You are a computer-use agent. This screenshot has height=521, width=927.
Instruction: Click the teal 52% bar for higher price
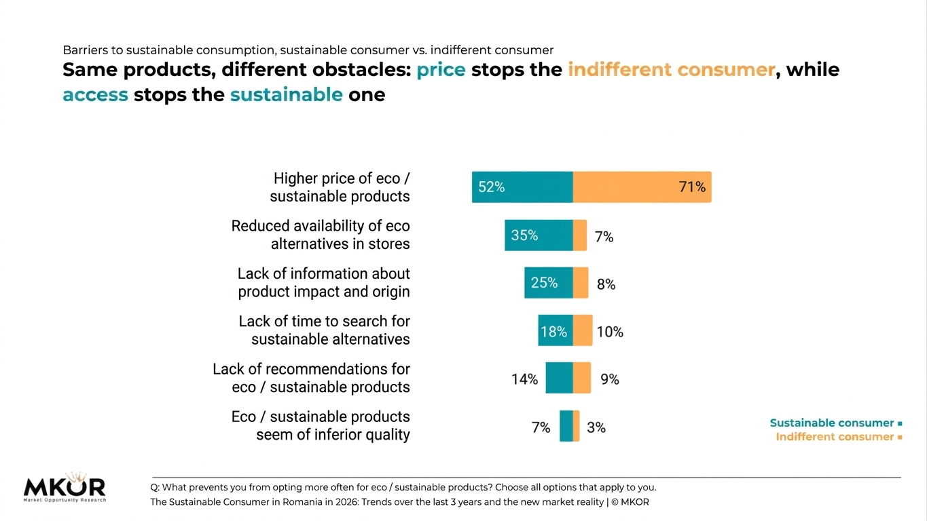[x=522, y=187]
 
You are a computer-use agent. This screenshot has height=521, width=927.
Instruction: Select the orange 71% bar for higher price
[x=642, y=187]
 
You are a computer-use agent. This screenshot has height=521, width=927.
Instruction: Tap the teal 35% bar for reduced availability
[x=539, y=235]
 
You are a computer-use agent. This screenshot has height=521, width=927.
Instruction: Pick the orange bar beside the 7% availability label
[x=580, y=235]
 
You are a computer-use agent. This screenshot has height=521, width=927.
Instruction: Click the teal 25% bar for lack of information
[x=549, y=282]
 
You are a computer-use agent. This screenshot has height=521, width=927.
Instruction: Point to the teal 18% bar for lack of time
[x=556, y=330]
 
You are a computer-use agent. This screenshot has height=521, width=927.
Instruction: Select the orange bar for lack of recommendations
[x=582, y=378]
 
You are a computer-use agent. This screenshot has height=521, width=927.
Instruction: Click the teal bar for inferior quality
[x=566, y=426]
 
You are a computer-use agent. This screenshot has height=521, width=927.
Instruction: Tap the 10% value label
[x=610, y=332]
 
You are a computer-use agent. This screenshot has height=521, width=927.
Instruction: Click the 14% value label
[x=524, y=379]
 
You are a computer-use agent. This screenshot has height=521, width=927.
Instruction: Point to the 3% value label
[x=596, y=427]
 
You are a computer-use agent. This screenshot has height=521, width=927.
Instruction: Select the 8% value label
[x=606, y=284]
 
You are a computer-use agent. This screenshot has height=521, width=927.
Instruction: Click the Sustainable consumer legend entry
[x=836, y=423]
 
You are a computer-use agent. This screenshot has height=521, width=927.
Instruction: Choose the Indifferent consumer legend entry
[x=839, y=437]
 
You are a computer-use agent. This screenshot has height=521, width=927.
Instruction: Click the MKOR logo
[x=65, y=487]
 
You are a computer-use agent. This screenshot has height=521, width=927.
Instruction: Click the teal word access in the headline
[x=96, y=95]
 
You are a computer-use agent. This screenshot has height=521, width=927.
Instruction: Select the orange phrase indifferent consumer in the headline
[x=671, y=69]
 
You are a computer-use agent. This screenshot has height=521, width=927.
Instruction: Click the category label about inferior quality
[x=321, y=425]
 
